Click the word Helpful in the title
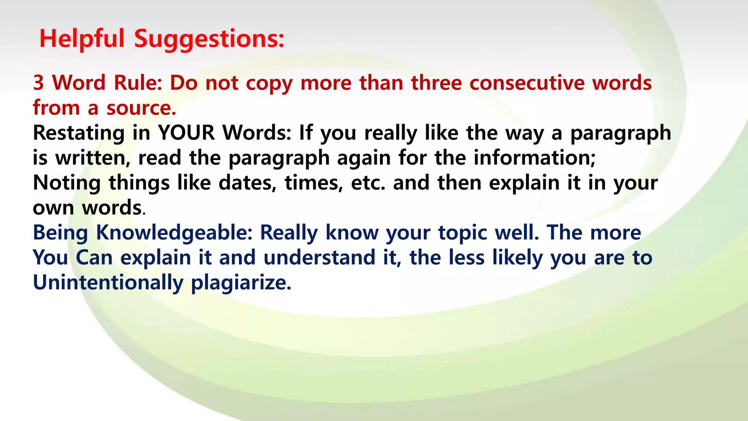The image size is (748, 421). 82,39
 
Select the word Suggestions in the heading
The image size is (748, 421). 209,39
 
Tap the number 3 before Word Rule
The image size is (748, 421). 38,83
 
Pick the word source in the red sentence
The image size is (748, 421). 141,108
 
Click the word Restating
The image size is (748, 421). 79,133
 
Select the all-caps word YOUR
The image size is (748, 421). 186,133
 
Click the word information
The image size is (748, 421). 534,158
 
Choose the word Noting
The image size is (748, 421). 66,183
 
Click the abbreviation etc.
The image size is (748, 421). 368,183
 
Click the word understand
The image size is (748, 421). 319,258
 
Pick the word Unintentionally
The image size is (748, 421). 108,283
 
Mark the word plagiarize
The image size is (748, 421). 241,283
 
